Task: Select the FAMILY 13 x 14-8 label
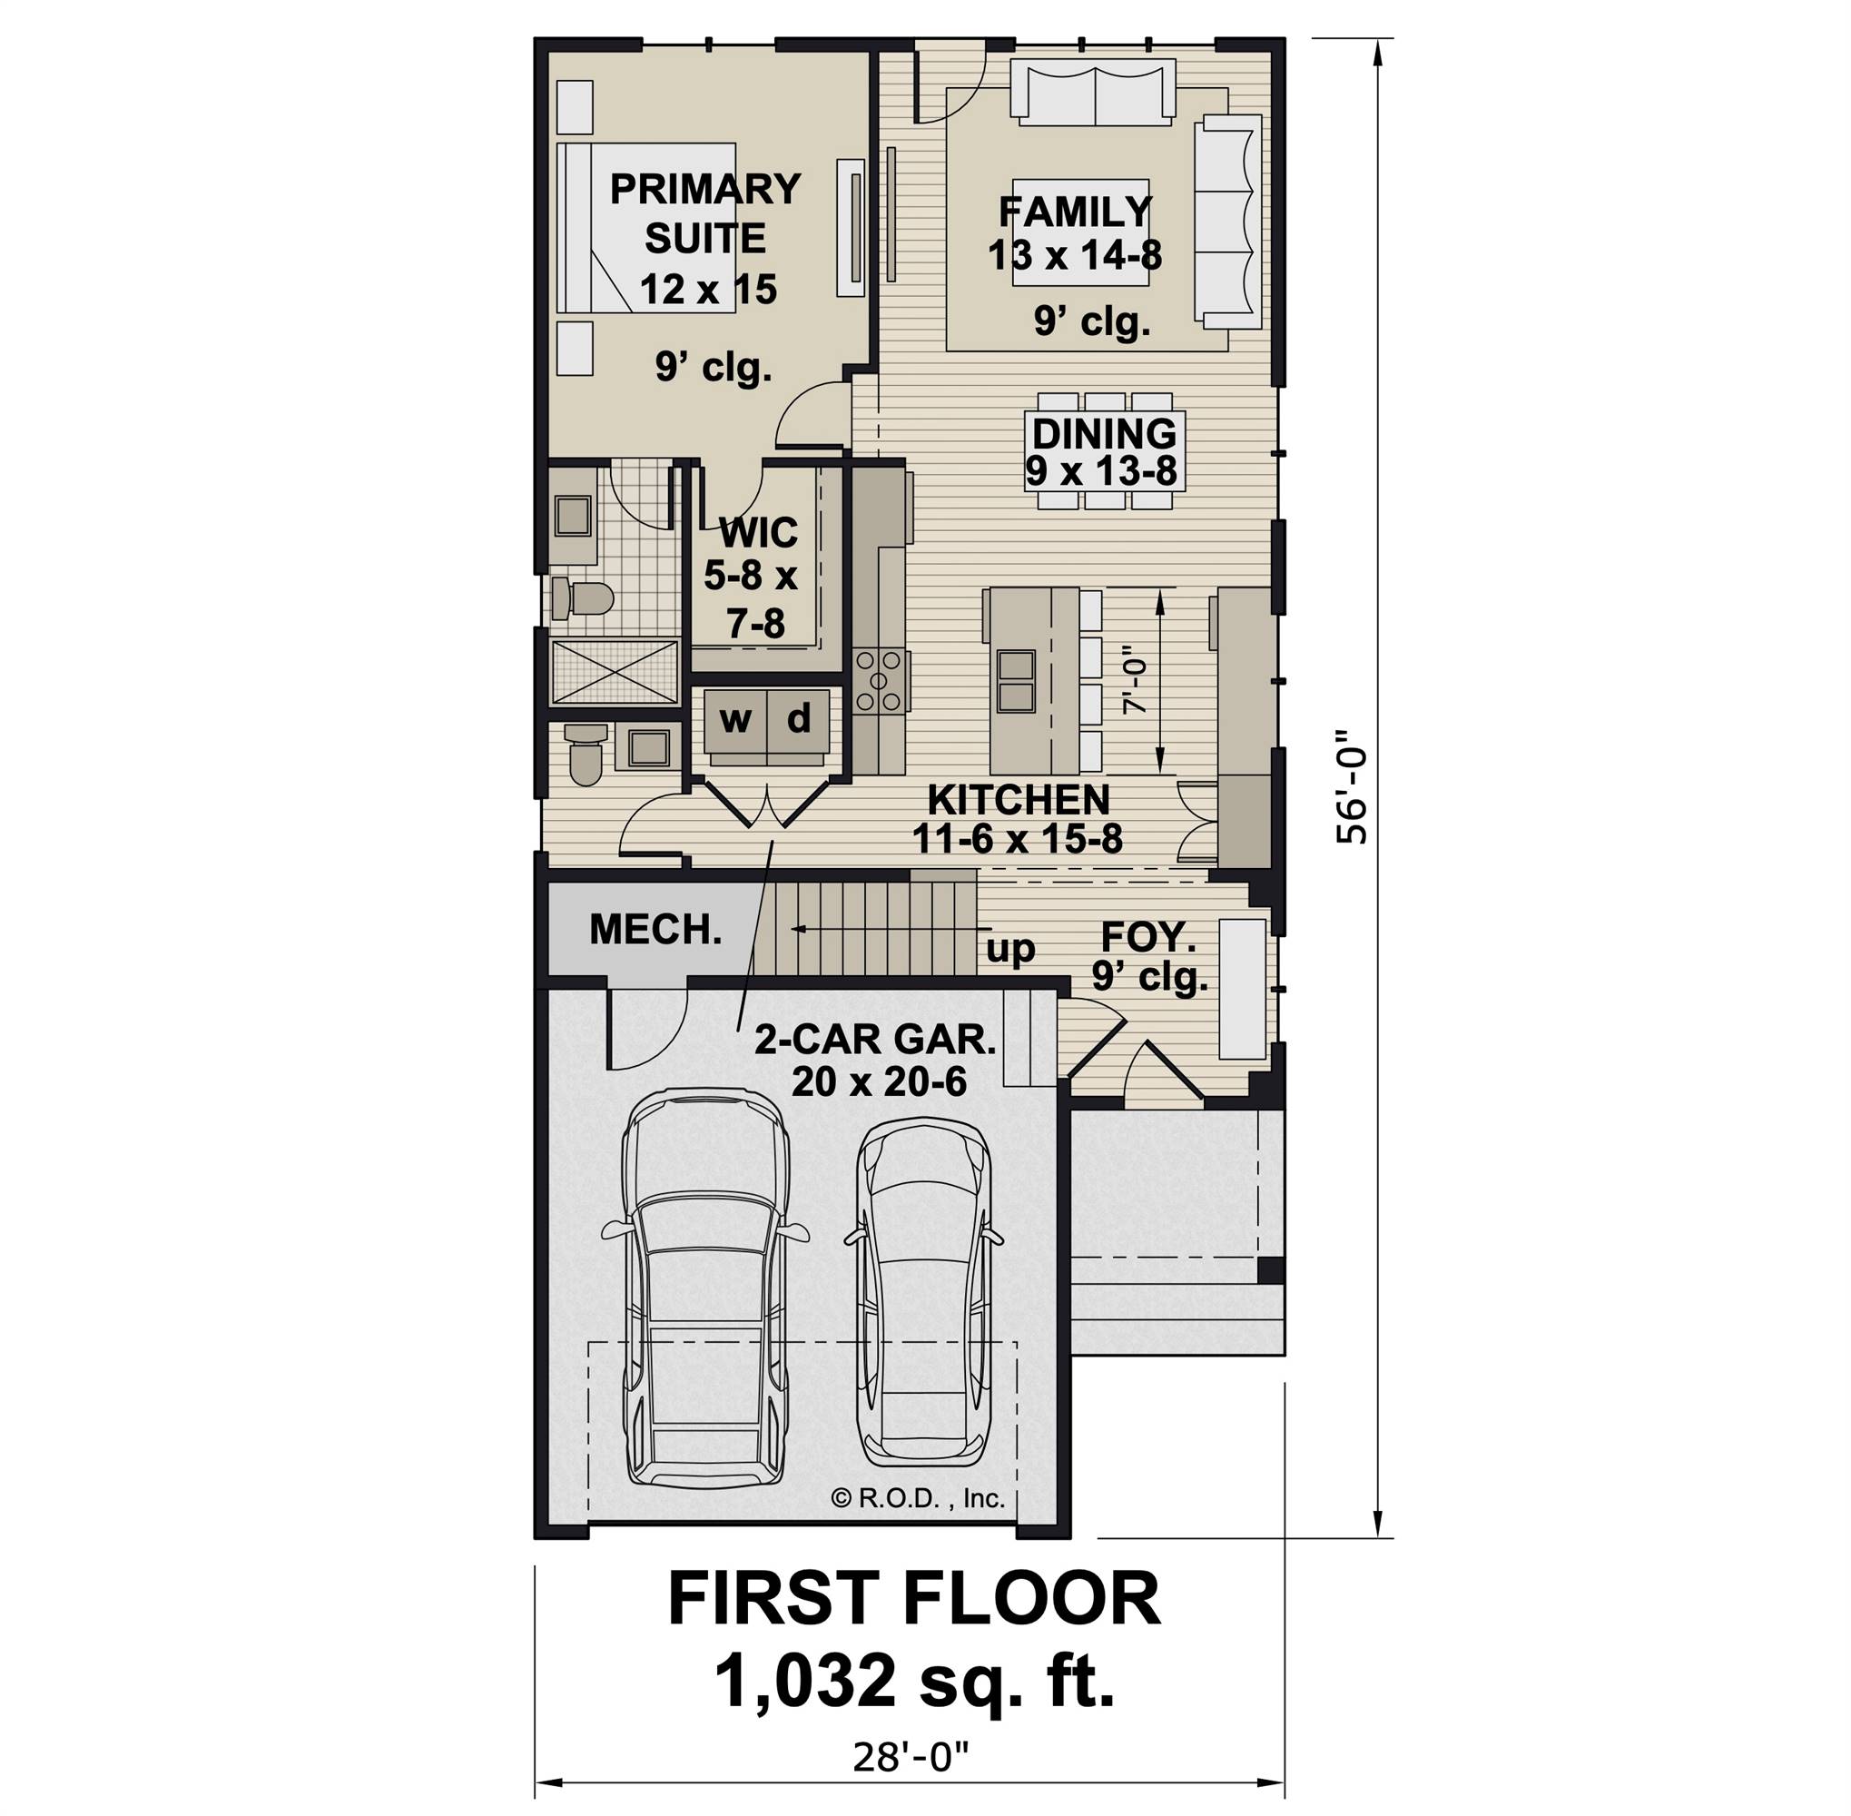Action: pyautogui.click(x=1075, y=232)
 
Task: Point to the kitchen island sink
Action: pyautogui.click(x=1016, y=681)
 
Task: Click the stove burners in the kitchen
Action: pyautogui.click(x=879, y=681)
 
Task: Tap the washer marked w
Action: pyautogui.click(x=735, y=720)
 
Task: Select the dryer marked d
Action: pyautogui.click(x=799, y=720)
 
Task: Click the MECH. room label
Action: pyautogui.click(x=655, y=930)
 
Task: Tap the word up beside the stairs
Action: pyautogui.click(x=1009, y=949)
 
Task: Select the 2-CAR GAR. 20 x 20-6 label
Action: pyautogui.click(x=874, y=1060)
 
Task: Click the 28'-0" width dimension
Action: pyautogui.click(x=910, y=1757)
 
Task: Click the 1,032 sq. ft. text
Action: pyautogui.click(x=912, y=1681)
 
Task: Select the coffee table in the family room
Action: pyautogui.click(x=1079, y=232)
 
